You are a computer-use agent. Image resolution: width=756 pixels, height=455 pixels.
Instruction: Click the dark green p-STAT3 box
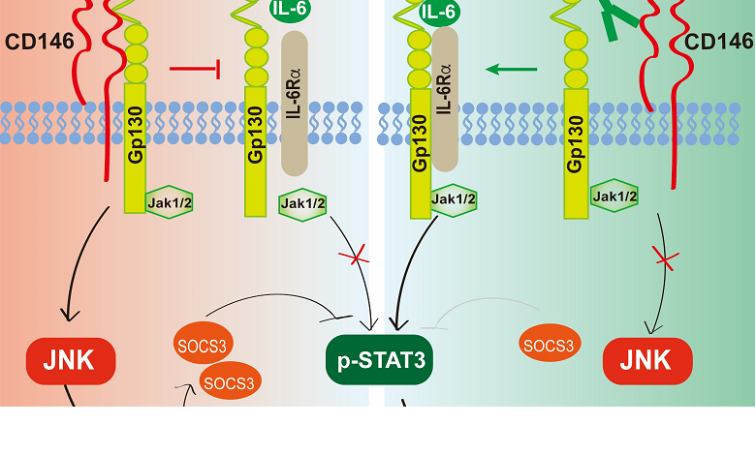[x=378, y=361]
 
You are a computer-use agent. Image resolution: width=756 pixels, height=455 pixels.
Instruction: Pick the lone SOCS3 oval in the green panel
[x=548, y=344]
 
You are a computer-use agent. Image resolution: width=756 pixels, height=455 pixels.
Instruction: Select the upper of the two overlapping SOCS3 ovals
[x=203, y=346]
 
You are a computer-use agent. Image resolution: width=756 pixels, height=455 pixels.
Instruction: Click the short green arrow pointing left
[x=511, y=69]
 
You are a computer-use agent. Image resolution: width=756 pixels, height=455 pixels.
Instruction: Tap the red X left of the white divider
[x=354, y=257]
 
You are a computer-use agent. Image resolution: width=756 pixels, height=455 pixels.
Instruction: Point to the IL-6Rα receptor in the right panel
[x=446, y=97]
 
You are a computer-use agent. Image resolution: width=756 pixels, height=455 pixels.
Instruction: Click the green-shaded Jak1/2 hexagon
[x=455, y=200]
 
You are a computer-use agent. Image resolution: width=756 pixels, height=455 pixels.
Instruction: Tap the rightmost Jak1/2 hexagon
[x=614, y=197]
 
